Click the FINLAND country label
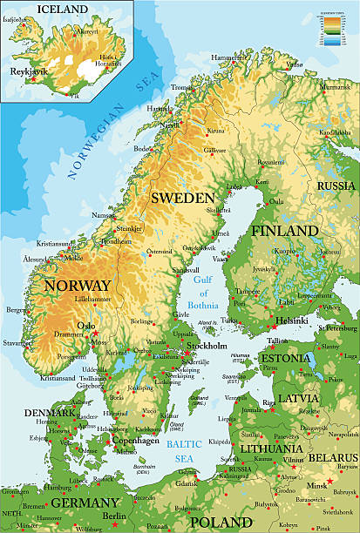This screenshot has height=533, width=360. pyautogui.click(x=285, y=231)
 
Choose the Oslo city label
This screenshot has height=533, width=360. pyautogui.click(x=86, y=326)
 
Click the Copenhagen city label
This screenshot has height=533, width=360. pyautogui.click(x=135, y=441)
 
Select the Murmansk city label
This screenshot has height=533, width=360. pyautogui.click(x=336, y=87)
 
